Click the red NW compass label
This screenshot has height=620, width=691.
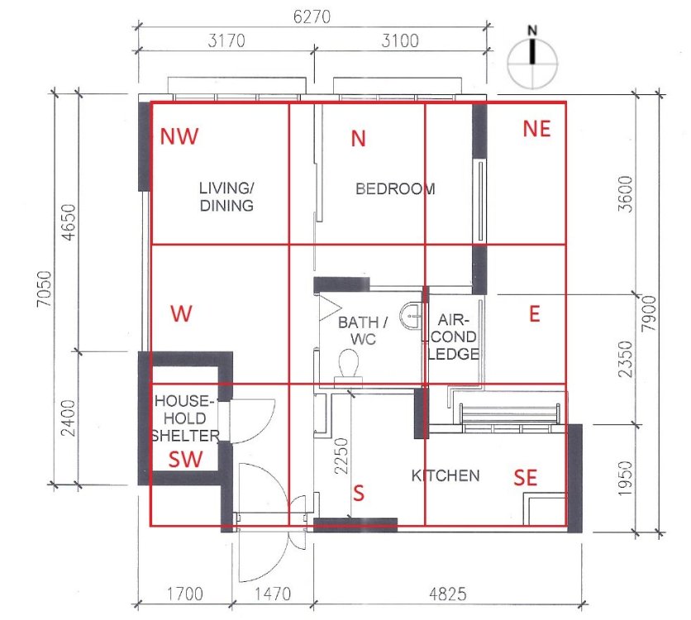(x=179, y=136)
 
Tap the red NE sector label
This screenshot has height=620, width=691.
(x=536, y=128)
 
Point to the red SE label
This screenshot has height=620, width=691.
(x=526, y=477)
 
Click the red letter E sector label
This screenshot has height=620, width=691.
(x=534, y=314)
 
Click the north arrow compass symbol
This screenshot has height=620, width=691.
(x=533, y=56)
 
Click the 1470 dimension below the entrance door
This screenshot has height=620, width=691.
(x=272, y=593)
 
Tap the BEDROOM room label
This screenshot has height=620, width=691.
(x=395, y=188)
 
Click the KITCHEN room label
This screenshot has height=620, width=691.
(x=446, y=475)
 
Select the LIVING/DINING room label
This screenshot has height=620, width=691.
(x=226, y=197)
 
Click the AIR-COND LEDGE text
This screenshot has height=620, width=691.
(x=454, y=336)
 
